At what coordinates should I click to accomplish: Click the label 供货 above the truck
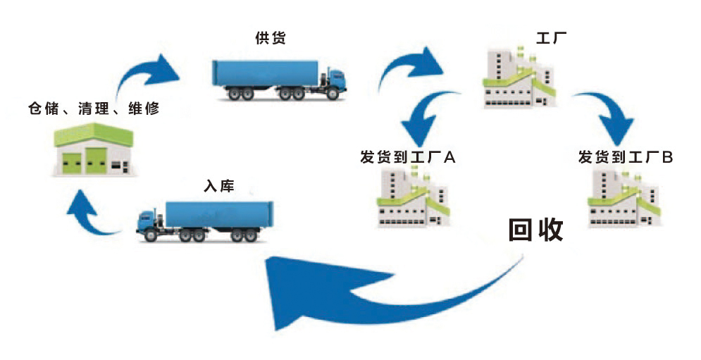pos(271,37)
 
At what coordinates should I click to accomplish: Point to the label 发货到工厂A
pos(408,157)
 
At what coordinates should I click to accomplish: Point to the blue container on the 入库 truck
pos(218,215)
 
